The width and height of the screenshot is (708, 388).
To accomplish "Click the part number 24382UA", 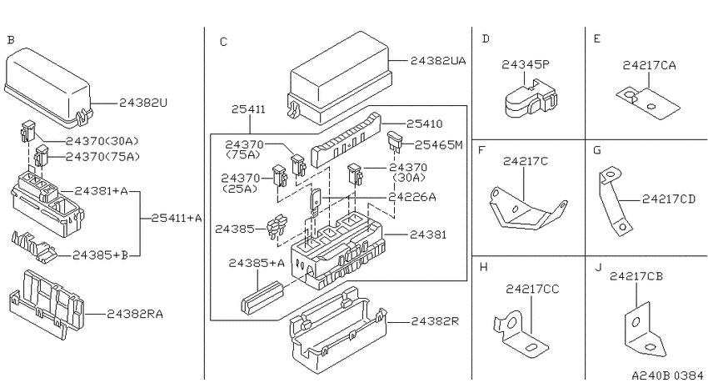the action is tap(438, 61).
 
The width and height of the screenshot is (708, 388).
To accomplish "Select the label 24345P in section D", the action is tap(525, 65).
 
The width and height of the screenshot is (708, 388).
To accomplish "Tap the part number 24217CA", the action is tap(650, 66).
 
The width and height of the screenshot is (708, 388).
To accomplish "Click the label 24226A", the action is tap(412, 197).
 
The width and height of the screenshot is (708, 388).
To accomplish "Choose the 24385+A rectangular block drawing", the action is tap(262, 297).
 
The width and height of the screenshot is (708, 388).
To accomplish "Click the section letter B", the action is tap(11, 40).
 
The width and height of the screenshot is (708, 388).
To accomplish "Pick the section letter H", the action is tap(484, 267).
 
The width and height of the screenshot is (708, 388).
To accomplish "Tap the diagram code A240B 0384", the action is tap(667, 375).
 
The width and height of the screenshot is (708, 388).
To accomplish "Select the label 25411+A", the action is tap(176, 219).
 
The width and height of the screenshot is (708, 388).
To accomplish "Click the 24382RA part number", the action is tap(135, 314).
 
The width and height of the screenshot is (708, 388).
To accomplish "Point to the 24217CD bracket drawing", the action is tap(613, 202).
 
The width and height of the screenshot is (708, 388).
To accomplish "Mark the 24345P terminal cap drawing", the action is tap(530, 99).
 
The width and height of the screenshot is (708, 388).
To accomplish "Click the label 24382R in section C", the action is tap(435, 321).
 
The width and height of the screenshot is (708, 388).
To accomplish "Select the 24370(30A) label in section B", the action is tap(102, 141).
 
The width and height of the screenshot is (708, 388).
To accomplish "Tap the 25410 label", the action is tap(425, 123).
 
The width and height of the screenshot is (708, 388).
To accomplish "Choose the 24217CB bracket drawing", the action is tap(645, 331).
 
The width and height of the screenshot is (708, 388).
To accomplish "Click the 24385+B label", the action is tap(100, 255).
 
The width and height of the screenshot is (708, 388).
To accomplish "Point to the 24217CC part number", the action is tap(532, 289).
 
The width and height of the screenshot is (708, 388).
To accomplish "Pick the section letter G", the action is tap(597, 149).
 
